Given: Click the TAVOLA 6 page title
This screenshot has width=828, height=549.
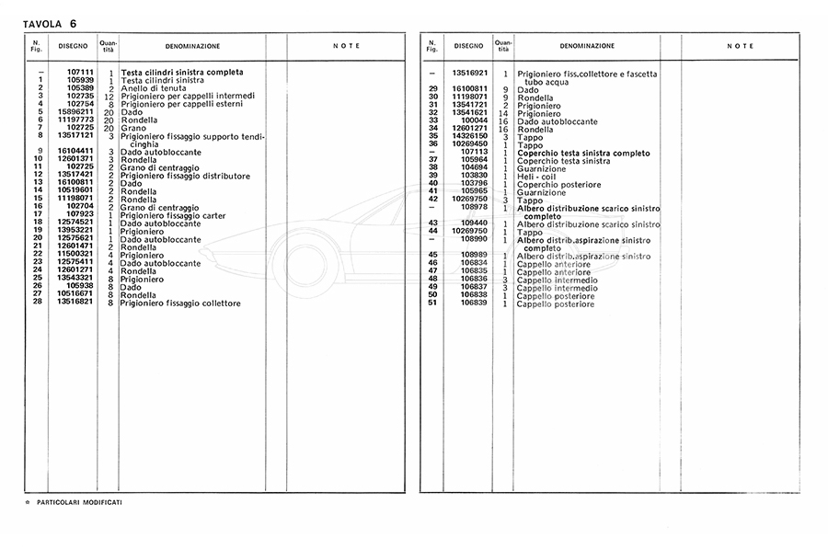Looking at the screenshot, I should tap(50, 22).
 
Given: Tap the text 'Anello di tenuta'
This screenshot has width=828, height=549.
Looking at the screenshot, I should tap(151, 87).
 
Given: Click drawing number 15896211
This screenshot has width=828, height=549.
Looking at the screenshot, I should tap(75, 111).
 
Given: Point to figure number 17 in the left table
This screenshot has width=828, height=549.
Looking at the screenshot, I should tap(39, 213).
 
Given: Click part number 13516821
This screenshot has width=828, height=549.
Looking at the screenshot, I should tap(75, 303).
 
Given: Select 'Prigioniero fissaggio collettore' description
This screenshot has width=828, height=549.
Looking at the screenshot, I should tap(180, 303).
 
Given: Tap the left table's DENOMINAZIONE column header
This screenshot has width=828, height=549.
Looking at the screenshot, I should tap(192, 46).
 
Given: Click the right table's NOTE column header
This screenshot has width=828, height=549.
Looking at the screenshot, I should tap(740, 46).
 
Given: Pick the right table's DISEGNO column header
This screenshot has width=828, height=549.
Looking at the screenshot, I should tap(467, 45).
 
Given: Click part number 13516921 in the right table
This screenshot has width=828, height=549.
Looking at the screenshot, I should tap(468, 73).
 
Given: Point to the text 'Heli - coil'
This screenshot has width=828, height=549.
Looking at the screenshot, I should tap(536, 176).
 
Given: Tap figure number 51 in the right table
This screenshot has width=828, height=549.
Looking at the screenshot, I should tap(432, 304).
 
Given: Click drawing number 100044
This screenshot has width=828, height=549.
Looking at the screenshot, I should tap(474, 121).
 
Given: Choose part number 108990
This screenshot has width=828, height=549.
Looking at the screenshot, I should tap(474, 240).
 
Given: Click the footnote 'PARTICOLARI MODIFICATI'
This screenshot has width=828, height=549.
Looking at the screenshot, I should tap(79, 502).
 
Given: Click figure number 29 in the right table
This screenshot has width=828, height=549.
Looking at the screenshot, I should tap(432, 89).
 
